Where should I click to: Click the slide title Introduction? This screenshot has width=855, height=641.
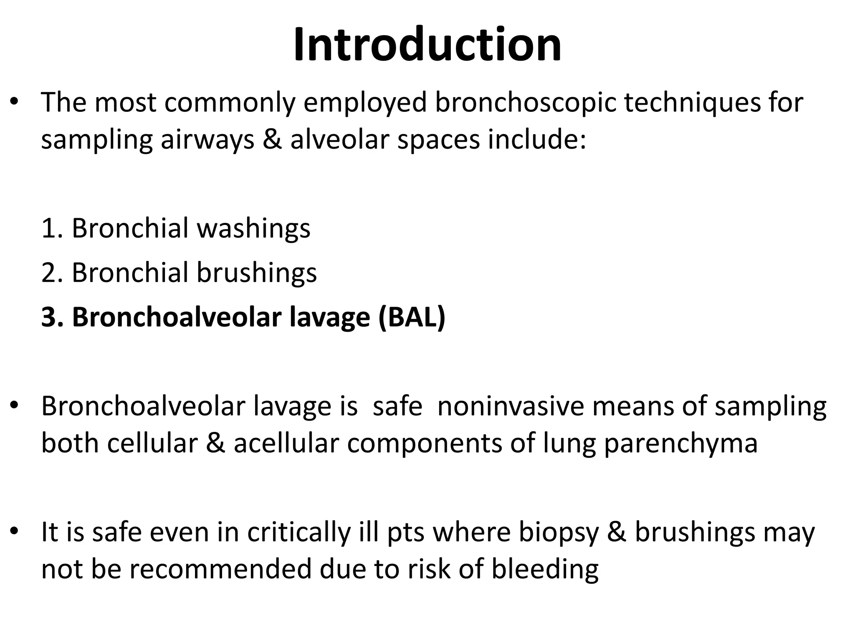[427, 45]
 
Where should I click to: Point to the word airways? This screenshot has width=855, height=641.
[207, 140]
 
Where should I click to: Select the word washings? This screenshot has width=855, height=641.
[253, 229]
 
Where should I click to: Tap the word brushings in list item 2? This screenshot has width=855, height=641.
[256, 273]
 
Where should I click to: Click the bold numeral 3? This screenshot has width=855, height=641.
[52, 317]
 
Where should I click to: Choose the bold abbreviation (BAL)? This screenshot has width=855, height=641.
[412, 318]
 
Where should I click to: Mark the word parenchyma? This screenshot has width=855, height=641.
[680, 444]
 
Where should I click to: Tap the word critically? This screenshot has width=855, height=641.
[299, 532]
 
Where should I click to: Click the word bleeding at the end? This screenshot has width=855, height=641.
[545, 569]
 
